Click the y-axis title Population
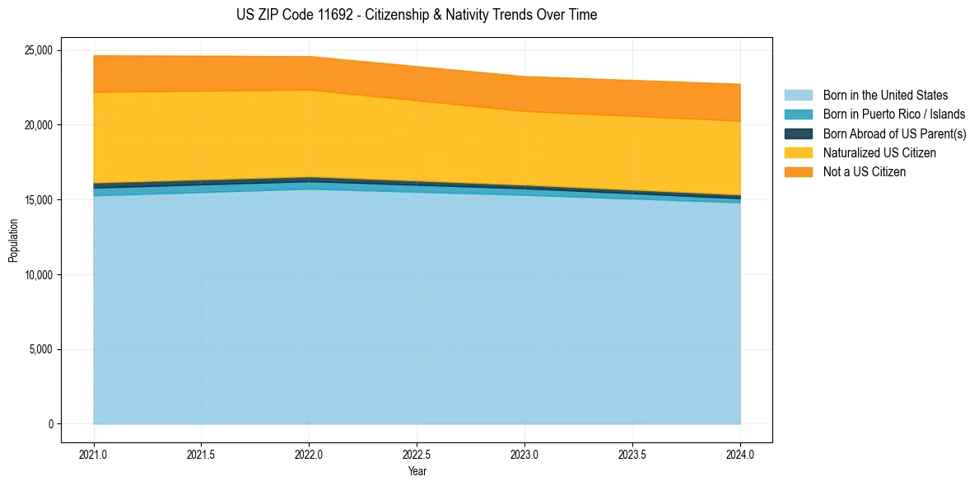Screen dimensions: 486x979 pyautogui.click(x=13, y=241)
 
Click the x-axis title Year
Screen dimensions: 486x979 pyautogui.click(x=417, y=472)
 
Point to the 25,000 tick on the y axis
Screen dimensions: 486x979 pyautogui.click(x=36, y=50)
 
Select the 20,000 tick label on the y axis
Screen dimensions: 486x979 pyautogui.click(x=36, y=125)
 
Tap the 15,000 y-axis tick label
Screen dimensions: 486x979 pyautogui.click(x=36, y=200)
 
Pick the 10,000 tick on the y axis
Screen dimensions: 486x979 pyautogui.click(x=36, y=274)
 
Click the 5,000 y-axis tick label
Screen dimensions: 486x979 pyautogui.click(x=39, y=349)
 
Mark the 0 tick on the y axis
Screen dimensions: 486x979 pyautogui.click(x=50, y=424)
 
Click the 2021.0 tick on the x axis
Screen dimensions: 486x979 pyautogui.click(x=93, y=454)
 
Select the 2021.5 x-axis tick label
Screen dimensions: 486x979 pyautogui.click(x=201, y=454)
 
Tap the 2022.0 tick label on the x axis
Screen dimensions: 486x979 pyautogui.click(x=309, y=454)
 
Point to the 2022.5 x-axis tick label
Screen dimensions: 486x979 pyautogui.click(x=417, y=454)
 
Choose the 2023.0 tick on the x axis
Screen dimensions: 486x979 pyautogui.click(x=524, y=454)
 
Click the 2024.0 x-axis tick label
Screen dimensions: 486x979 pyautogui.click(x=740, y=454)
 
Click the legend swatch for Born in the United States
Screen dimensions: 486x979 pyautogui.click(x=798, y=96)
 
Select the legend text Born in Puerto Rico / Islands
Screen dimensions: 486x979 pyautogui.click(x=894, y=114)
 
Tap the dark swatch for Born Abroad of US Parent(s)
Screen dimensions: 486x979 pyautogui.click(x=798, y=133)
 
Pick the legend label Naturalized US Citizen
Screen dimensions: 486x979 pyautogui.click(x=879, y=153)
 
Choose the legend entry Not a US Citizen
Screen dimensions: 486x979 pyautogui.click(x=864, y=172)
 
